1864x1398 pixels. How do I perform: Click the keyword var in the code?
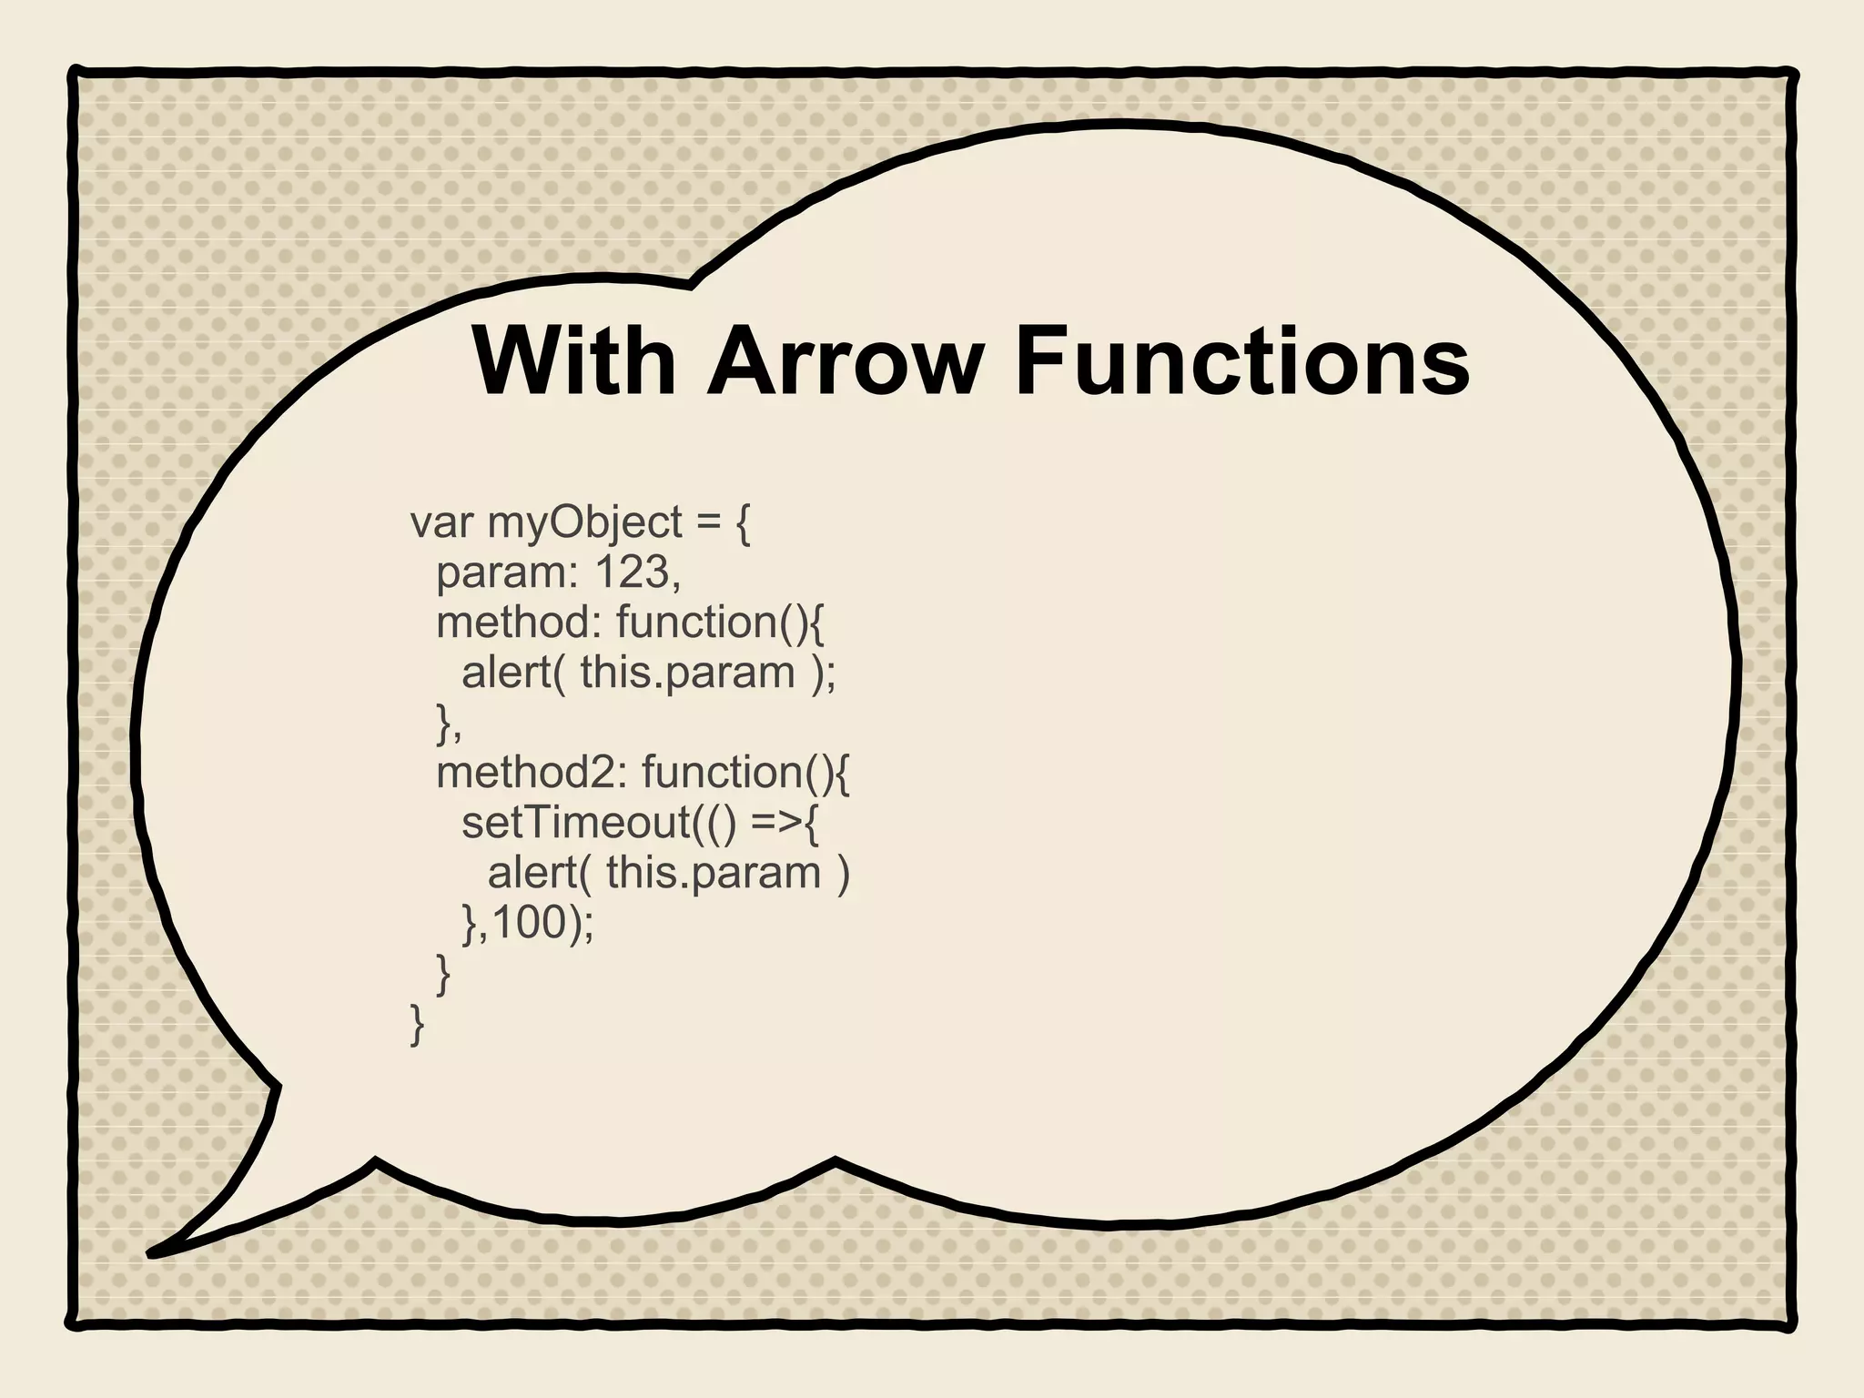click(441, 523)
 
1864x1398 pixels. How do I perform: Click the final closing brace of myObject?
click(418, 1024)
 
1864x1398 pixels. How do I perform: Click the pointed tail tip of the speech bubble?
click(151, 1254)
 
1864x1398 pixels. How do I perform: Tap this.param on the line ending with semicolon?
click(687, 674)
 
